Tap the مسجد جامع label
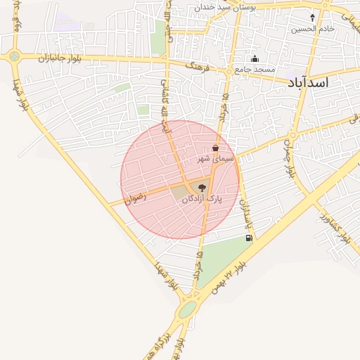point(255,70)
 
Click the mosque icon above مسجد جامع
point(255,59)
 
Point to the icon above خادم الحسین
point(313,17)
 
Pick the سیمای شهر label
point(214,160)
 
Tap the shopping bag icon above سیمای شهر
point(214,148)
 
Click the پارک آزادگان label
point(202,199)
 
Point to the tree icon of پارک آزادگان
point(202,188)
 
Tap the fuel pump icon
point(249,238)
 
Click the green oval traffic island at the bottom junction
point(187,310)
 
